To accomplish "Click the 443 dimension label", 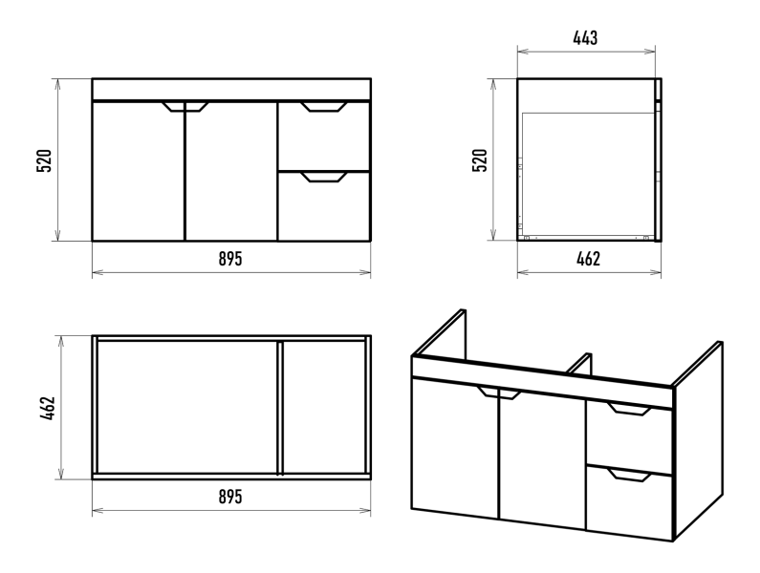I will pos(585,38).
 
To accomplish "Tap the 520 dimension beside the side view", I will pos(482,159).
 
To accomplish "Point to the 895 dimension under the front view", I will pos(230,259).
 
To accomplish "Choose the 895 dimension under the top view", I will pos(230,497).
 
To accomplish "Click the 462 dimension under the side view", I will pos(587,259).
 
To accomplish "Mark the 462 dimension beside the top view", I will pos(45,408).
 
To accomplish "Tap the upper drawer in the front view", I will pos(323,138).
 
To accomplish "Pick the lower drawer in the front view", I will pos(323,208).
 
